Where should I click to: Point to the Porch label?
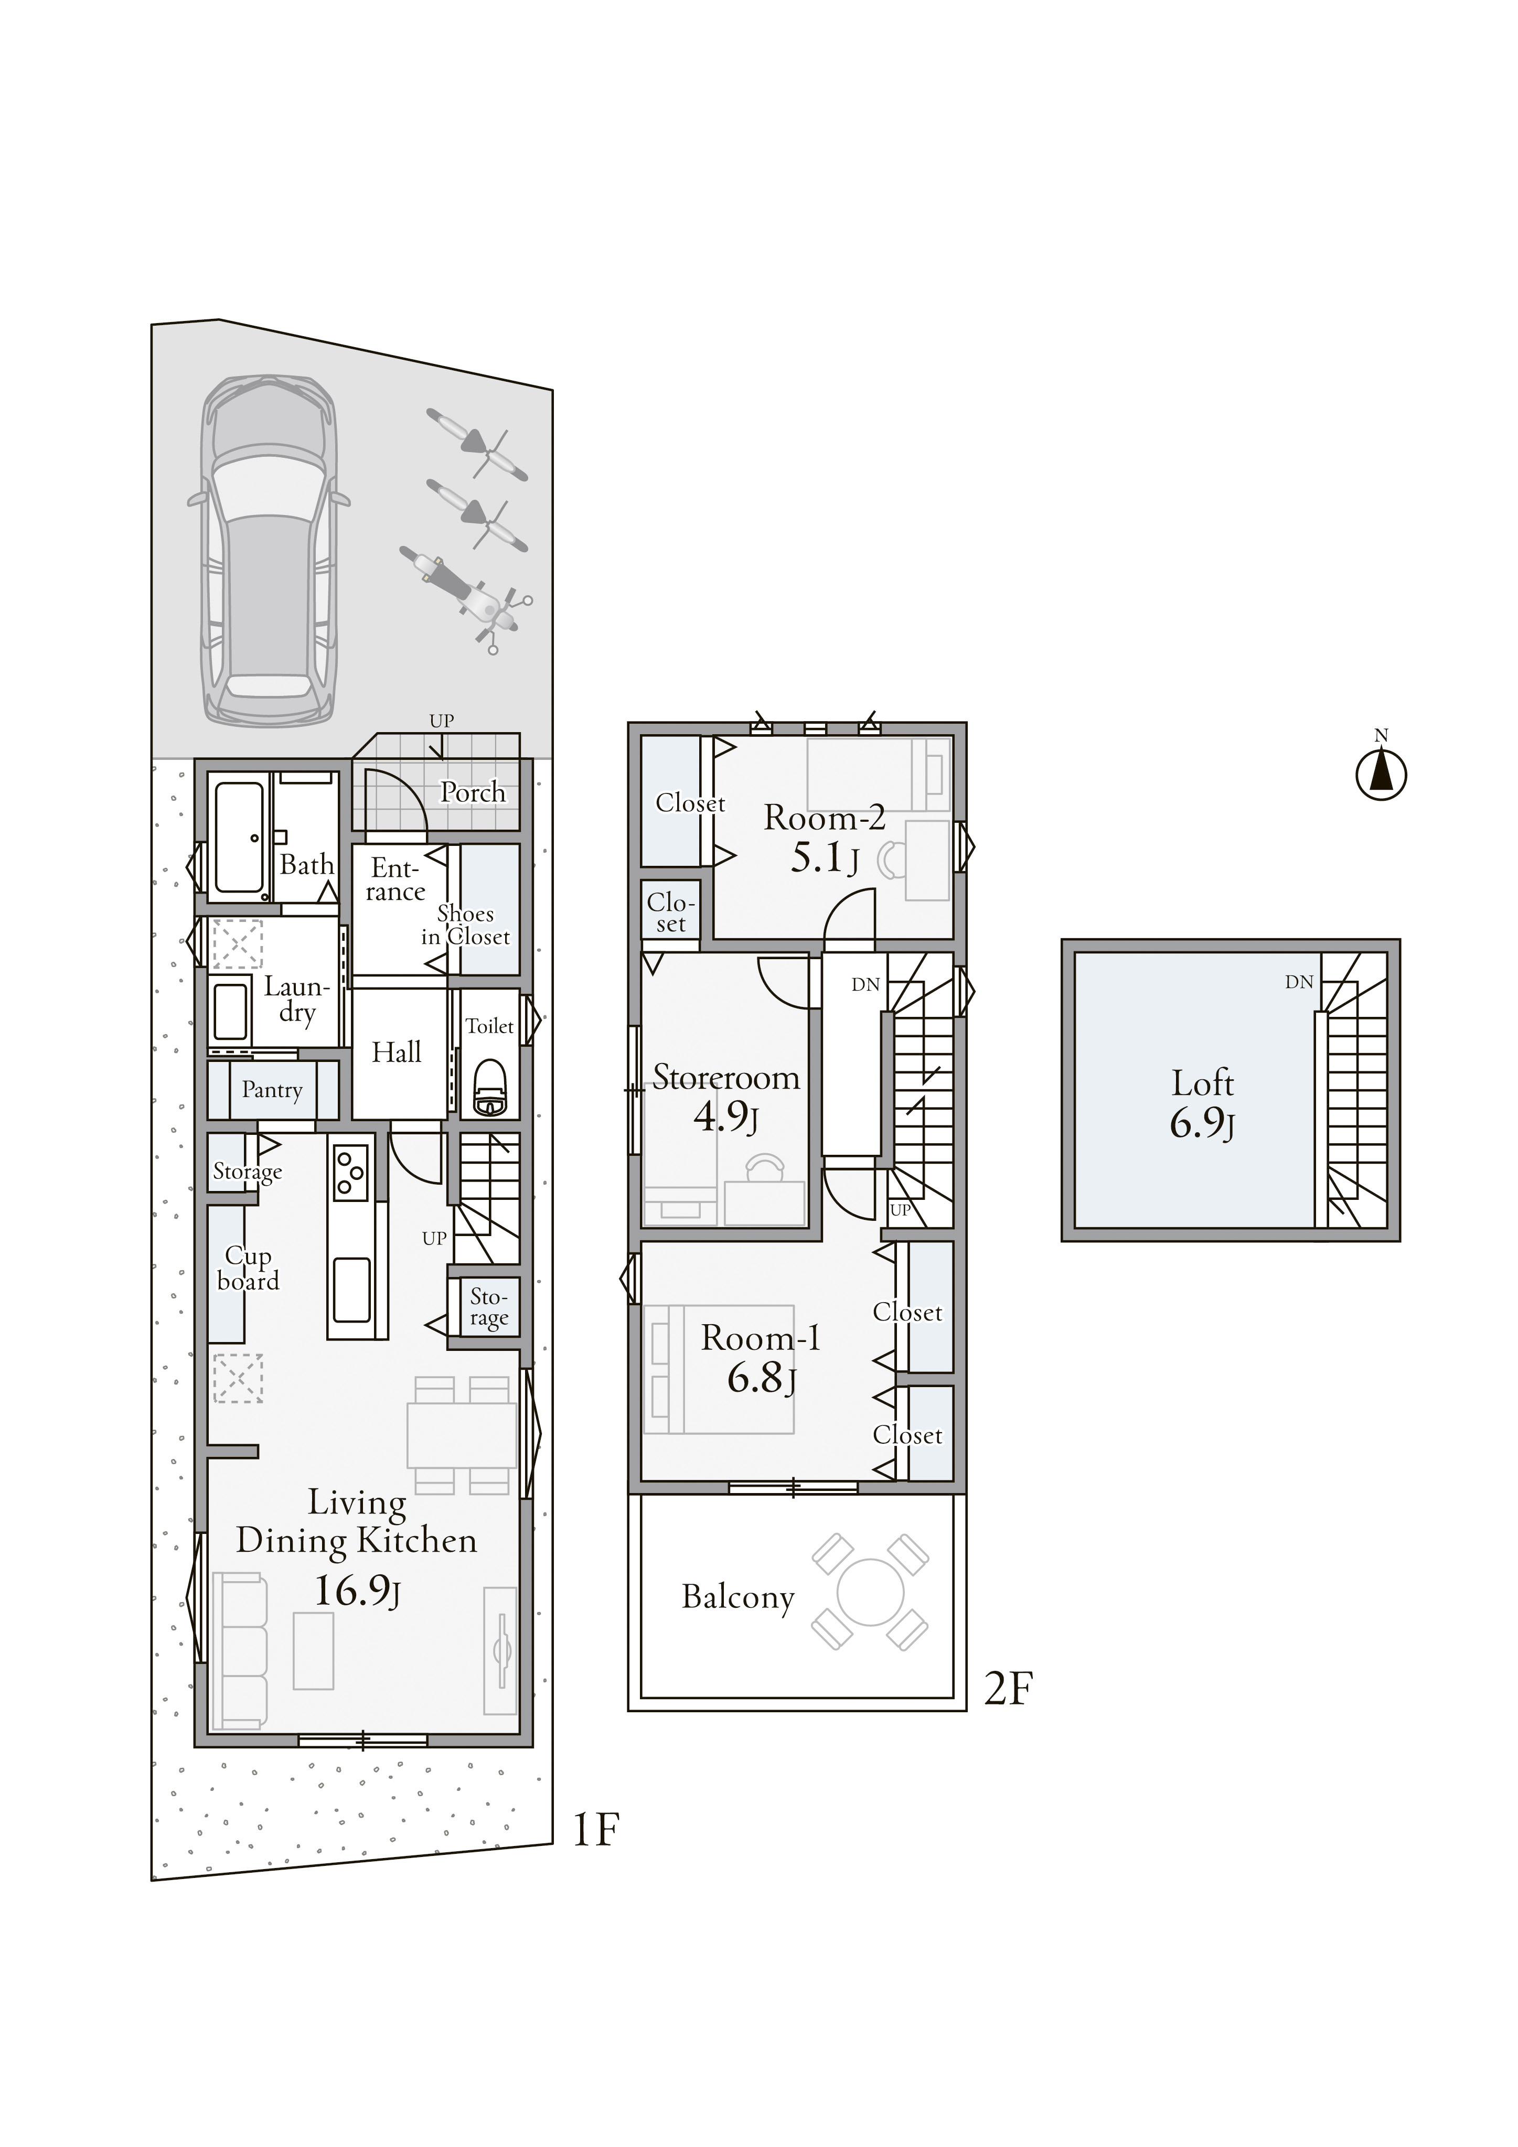[x=473, y=792]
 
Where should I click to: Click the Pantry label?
[x=272, y=1090]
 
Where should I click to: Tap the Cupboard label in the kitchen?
[x=248, y=1269]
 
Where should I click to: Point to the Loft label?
[x=1203, y=1083]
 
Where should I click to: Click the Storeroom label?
[x=726, y=1078]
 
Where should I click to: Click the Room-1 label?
[x=761, y=1338]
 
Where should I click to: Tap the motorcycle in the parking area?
[x=462, y=597]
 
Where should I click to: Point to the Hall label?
[x=397, y=1053]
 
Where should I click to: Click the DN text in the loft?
[x=1299, y=982]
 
